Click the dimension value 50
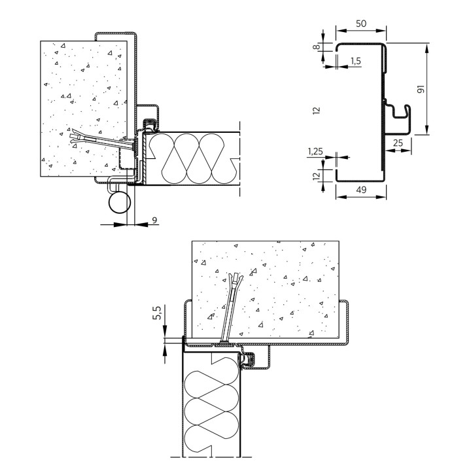[x=360, y=24]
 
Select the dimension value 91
[x=421, y=89]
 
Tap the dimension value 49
[x=361, y=190]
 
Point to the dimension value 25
[x=398, y=143]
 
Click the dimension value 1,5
[x=355, y=61]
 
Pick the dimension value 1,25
[x=315, y=152]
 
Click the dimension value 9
[x=154, y=220]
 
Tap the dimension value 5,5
[x=158, y=313]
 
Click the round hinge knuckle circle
[x=119, y=202]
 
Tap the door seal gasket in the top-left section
[x=149, y=125]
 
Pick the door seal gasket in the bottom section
[x=248, y=360]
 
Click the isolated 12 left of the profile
[x=317, y=111]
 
